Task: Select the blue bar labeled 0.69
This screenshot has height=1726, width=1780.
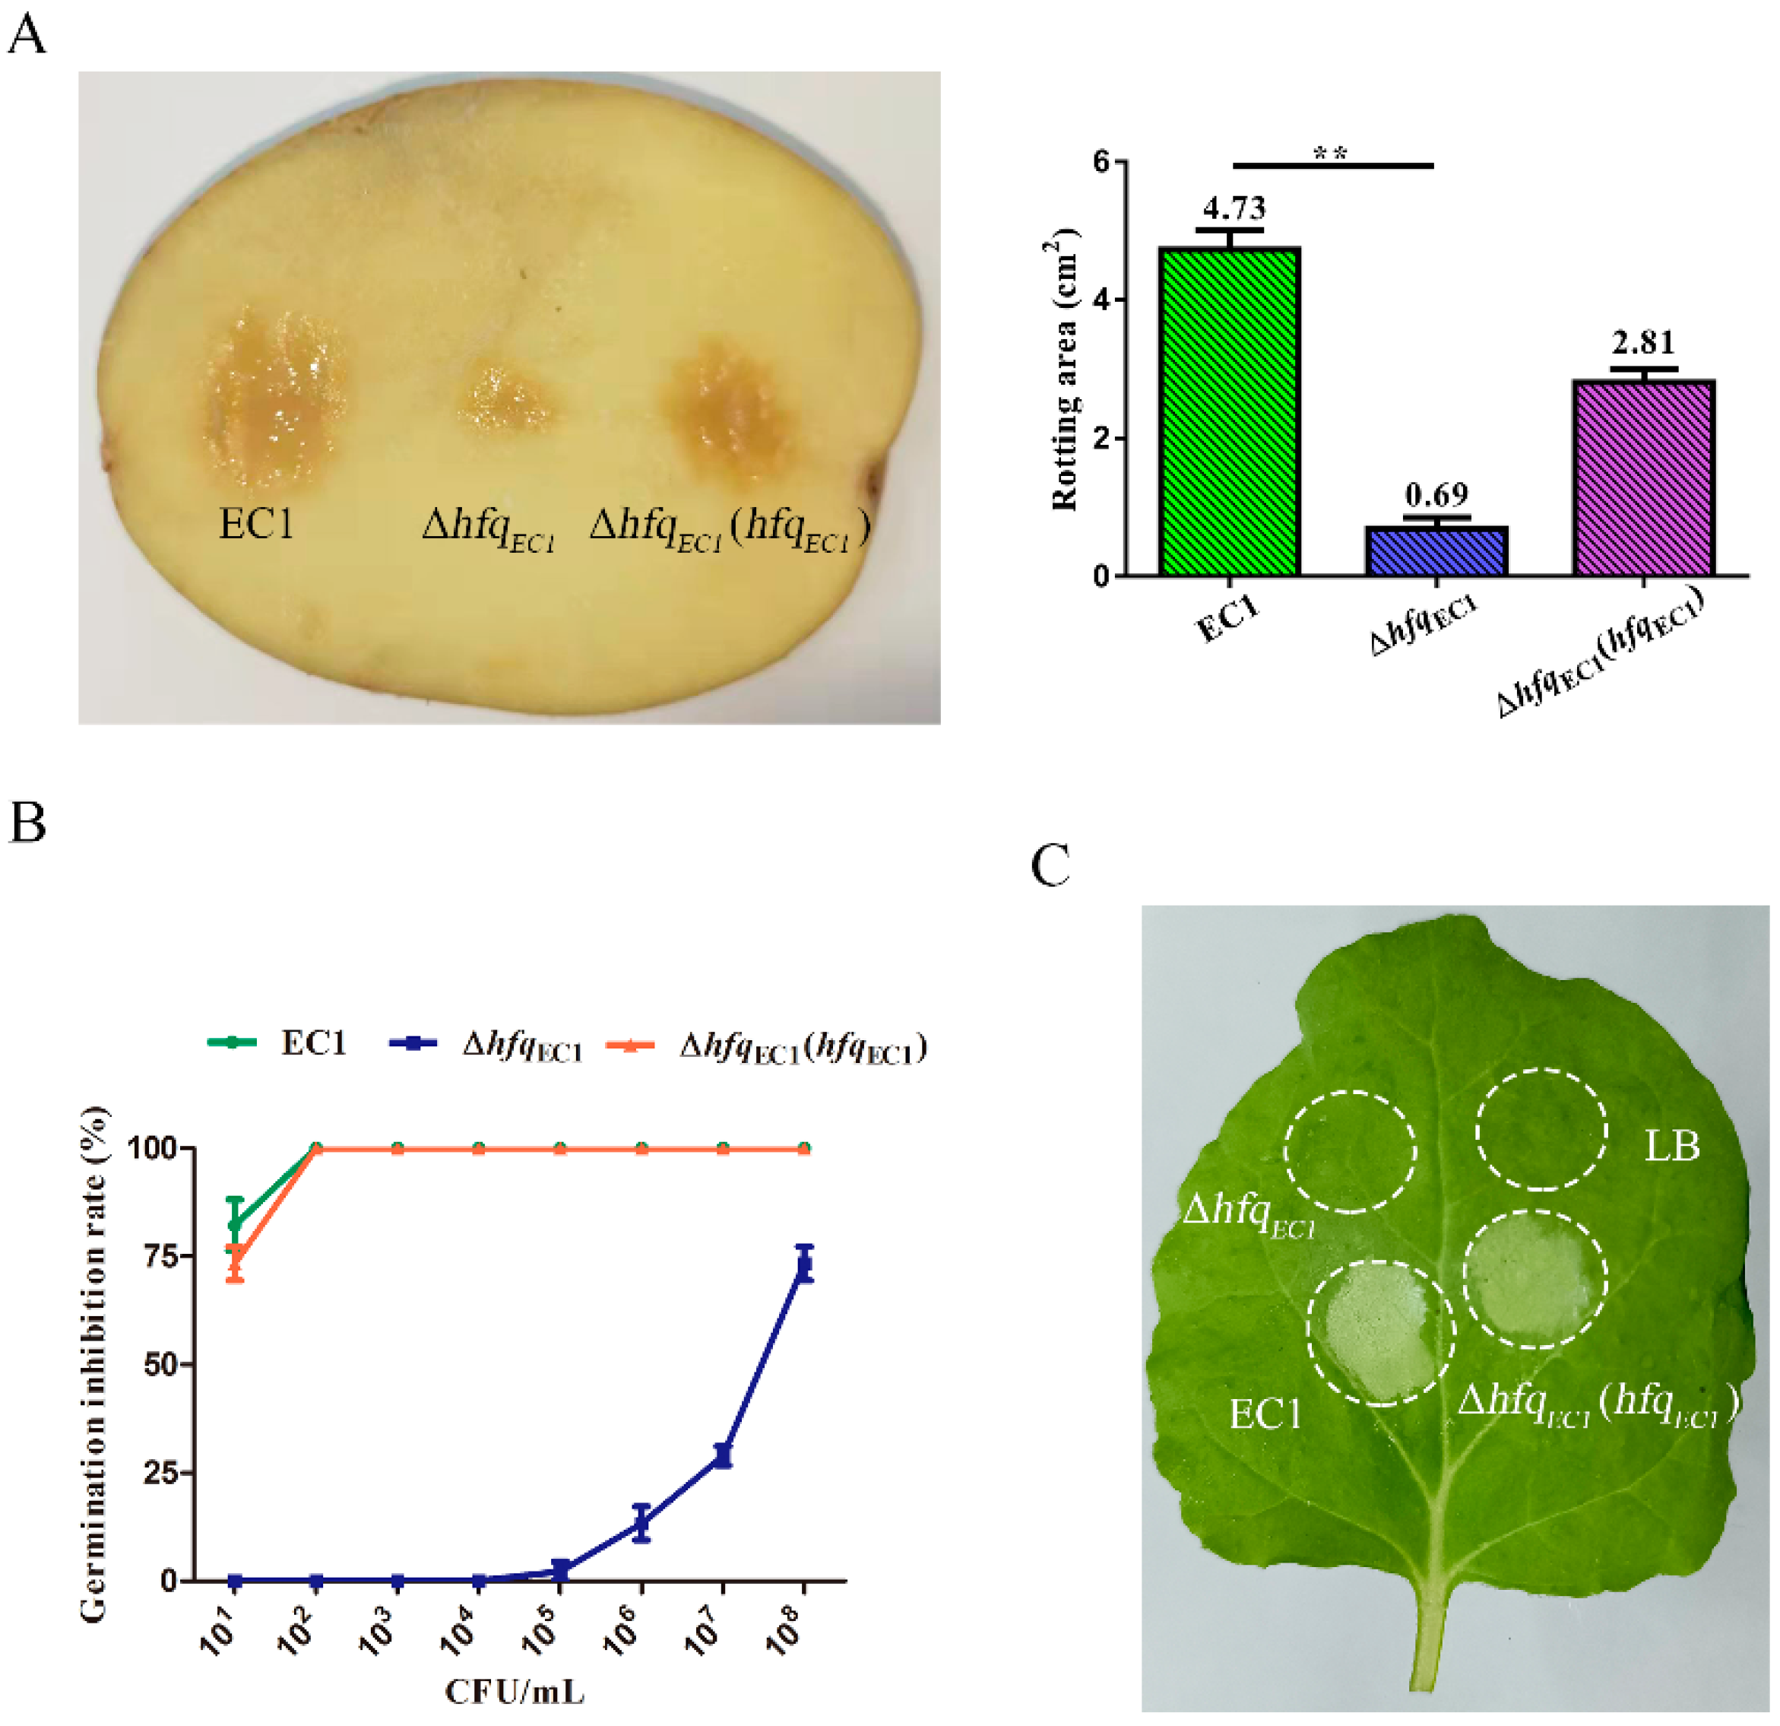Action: click(x=1436, y=550)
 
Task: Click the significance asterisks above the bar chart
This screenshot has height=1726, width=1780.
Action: click(x=1331, y=153)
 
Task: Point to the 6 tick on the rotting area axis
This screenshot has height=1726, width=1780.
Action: click(x=1101, y=162)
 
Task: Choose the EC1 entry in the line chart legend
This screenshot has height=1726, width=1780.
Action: click(x=313, y=1043)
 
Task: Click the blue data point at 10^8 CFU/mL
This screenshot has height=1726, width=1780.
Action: click(x=803, y=1264)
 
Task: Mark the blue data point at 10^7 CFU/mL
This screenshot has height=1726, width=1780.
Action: click(x=723, y=1455)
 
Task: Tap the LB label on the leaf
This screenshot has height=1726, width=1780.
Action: click(x=1672, y=1147)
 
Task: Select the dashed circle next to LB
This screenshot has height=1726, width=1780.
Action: click(x=1541, y=1129)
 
